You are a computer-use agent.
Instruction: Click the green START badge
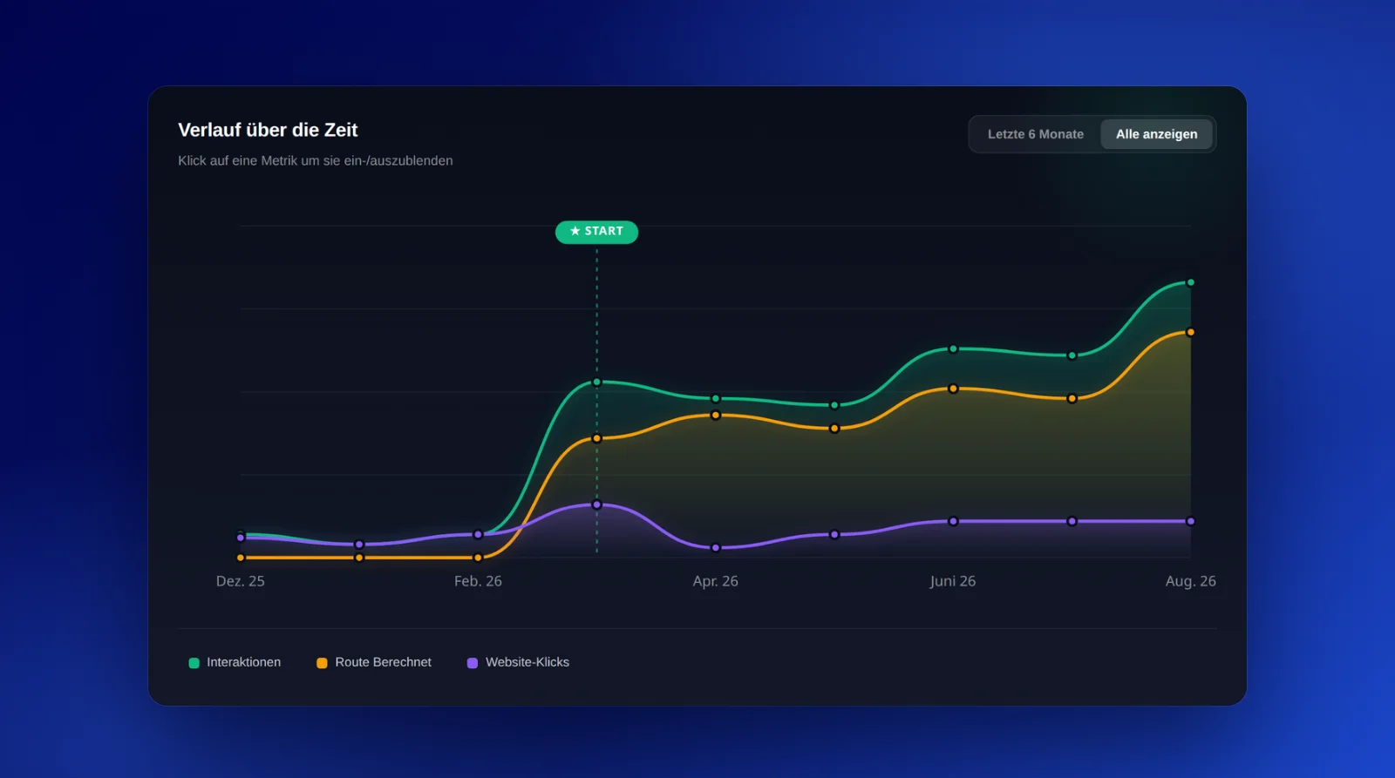pos(596,232)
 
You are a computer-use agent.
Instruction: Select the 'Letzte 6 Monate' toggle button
pos(1035,134)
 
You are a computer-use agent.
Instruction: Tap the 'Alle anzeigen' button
pos(1156,134)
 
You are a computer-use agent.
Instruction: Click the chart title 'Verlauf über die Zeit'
pos(268,130)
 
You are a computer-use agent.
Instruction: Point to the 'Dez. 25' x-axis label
pos(241,581)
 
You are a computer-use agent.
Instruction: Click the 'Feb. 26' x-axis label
pos(478,581)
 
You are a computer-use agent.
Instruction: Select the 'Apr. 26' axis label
pos(716,581)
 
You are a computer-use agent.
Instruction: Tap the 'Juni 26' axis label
pos(953,581)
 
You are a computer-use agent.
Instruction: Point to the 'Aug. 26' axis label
pos(1191,581)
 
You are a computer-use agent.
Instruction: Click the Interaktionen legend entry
pos(235,662)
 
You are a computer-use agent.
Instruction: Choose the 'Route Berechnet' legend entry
pos(374,662)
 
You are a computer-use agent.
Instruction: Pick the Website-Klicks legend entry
pos(518,662)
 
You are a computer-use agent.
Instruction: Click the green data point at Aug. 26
pos(1191,282)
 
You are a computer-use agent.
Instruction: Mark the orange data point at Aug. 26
pos(1191,332)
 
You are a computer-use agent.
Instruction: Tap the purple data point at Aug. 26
pos(1191,522)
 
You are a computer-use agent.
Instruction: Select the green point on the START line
pos(596,382)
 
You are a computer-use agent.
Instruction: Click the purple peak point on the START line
pos(596,504)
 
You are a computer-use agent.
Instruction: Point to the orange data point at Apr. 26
pos(716,416)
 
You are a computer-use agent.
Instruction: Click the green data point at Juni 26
pos(953,349)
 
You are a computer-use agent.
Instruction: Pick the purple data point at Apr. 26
pos(716,548)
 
